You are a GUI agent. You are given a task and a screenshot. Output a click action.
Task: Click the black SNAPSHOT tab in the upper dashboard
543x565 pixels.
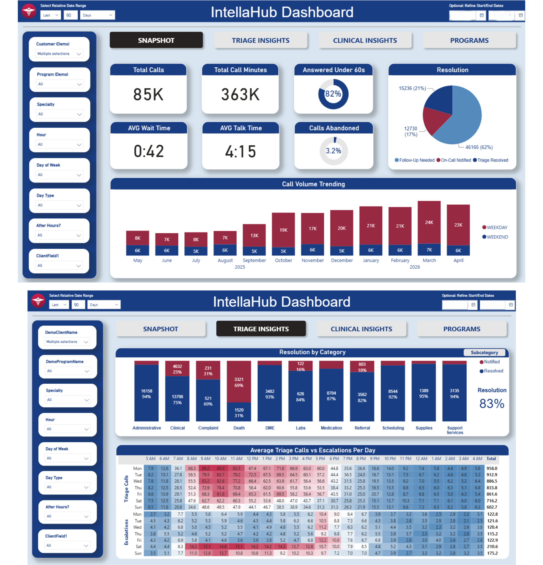tap(156, 40)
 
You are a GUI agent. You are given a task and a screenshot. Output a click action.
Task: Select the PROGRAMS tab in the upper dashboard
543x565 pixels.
tap(469, 40)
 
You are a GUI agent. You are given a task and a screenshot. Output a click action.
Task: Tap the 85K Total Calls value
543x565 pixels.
tap(148, 94)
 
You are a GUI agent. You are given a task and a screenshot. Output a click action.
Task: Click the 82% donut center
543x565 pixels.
tap(333, 94)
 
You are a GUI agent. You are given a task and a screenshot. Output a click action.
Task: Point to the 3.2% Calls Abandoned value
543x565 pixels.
tap(333, 151)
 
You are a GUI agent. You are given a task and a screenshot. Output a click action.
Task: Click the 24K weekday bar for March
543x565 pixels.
tap(429, 222)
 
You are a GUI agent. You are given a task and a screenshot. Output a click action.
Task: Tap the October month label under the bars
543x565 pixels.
tap(283, 260)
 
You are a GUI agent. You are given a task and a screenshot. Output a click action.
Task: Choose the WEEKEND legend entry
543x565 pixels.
tap(495, 237)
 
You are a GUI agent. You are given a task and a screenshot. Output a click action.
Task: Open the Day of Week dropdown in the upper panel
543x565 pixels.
tap(59, 175)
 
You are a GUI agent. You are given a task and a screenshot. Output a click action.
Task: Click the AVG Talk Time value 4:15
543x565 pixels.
tap(240, 151)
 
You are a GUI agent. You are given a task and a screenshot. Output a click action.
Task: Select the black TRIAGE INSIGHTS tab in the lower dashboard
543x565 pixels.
tap(261, 329)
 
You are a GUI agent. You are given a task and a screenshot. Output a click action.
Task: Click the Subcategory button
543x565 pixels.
tap(484, 353)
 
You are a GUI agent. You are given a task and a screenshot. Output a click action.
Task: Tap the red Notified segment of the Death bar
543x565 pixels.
tap(239, 382)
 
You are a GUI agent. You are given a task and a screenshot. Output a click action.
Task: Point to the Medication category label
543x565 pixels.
tap(331, 428)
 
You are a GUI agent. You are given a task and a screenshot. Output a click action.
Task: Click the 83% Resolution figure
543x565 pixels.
tap(492, 404)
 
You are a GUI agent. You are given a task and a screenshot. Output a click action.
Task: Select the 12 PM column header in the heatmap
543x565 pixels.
tap(252, 458)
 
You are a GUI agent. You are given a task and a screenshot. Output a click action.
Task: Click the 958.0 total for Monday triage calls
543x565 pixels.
tap(492, 468)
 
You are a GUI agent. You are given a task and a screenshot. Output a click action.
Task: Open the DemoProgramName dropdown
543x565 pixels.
tap(68, 371)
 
